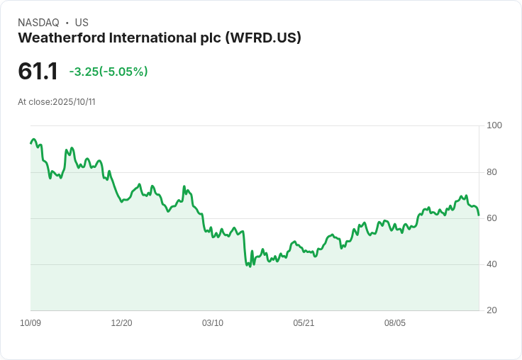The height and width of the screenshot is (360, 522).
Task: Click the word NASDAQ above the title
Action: click(38, 23)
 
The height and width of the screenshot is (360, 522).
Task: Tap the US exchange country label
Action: click(82, 23)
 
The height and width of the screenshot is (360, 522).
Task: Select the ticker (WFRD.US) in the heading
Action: click(263, 38)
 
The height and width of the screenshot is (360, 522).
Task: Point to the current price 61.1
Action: click(38, 71)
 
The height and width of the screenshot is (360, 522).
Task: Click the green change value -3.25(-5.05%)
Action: click(109, 72)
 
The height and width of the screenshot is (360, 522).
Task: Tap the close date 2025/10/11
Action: click(74, 102)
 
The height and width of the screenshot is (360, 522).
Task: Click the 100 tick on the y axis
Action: click(494, 125)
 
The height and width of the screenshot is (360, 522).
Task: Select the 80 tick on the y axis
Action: click(492, 172)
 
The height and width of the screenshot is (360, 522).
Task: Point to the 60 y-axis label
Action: click(492, 218)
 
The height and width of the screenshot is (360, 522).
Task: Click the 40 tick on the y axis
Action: click(492, 264)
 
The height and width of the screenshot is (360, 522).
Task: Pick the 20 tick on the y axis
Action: click(492, 310)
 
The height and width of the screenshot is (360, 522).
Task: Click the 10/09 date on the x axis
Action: click(30, 323)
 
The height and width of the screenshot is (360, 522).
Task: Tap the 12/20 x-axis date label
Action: click(121, 323)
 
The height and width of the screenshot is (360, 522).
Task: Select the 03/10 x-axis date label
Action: click(213, 323)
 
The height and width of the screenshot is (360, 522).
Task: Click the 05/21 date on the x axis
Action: click(304, 323)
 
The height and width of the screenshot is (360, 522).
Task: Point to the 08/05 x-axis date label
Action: click(395, 323)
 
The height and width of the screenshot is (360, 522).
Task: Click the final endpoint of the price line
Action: click(479, 215)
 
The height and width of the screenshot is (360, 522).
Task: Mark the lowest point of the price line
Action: click(250, 266)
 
